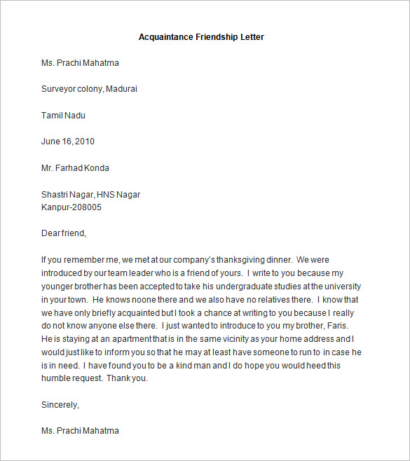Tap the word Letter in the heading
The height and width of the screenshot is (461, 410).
pyautogui.click(x=251, y=36)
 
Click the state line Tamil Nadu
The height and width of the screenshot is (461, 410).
pyautogui.click(x=63, y=115)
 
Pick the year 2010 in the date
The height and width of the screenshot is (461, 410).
pyautogui.click(x=84, y=142)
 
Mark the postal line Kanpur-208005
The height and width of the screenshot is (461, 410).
pyautogui.click(x=71, y=207)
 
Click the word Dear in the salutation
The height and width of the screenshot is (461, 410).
pyautogui.click(x=50, y=233)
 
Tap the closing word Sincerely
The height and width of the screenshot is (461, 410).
pyautogui.click(x=60, y=404)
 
